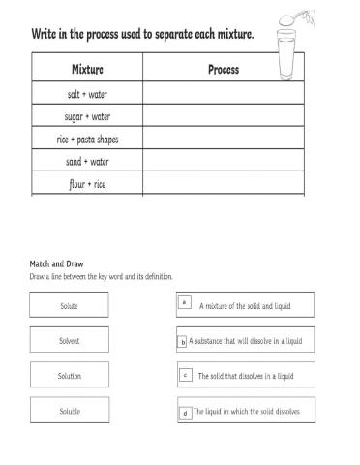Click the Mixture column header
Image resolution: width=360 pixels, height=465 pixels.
[x=87, y=70]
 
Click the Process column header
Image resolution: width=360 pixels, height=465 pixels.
[x=224, y=70]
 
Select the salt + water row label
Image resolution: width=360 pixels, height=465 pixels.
[x=87, y=94]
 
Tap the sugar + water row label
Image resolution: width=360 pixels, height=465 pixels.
[x=87, y=116]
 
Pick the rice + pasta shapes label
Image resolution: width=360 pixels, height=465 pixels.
[x=87, y=139]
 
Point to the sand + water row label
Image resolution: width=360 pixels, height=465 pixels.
[x=87, y=161]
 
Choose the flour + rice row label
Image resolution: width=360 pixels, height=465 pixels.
[x=87, y=183]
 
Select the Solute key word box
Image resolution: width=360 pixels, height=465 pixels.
[x=70, y=306]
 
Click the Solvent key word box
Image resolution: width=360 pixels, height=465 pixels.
[x=70, y=341]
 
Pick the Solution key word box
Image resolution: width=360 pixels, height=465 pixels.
[x=70, y=376]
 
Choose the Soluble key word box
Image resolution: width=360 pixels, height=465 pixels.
[x=70, y=411]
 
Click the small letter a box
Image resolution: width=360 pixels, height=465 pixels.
[x=184, y=303]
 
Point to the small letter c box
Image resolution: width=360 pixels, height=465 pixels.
[x=184, y=374]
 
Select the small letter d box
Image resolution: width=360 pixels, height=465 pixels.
[x=184, y=413]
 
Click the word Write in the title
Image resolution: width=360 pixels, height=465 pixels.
[x=46, y=35]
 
